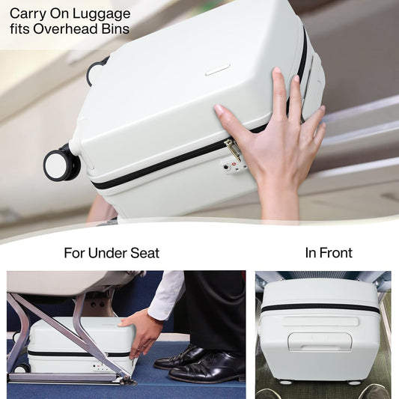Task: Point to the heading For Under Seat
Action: pyautogui.click(x=111, y=253)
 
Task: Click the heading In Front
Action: pyautogui.click(x=328, y=253)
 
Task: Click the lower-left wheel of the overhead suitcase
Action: pyautogui.click(x=61, y=164)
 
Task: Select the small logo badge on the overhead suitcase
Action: pyautogui.click(x=217, y=70)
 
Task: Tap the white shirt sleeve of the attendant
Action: pyautogui.click(x=166, y=295)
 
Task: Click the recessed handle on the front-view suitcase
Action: pyautogui.click(x=320, y=341)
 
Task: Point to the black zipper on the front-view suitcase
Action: pyautogui.click(x=320, y=308)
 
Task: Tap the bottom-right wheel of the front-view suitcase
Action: pyautogui.click(x=355, y=383)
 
